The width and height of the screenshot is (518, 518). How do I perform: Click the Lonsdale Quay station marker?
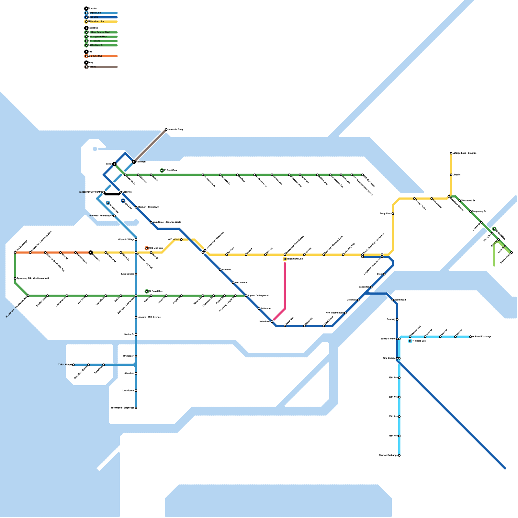coord(166,129)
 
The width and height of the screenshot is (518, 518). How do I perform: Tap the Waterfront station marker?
coord(134,162)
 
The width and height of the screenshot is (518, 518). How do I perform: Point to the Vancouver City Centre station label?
coord(90,192)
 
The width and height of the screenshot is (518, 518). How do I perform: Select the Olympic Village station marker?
coord(136,240)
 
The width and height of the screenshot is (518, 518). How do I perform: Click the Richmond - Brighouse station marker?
coord(136,408)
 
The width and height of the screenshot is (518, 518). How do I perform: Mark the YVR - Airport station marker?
coord(73,365)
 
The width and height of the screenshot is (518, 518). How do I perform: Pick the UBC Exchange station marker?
coord(15,253)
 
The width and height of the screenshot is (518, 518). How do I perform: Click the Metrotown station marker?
coord(272,321)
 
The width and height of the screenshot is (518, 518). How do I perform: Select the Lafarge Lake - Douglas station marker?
coord(451,153)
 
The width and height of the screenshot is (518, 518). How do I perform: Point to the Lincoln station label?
coord(456,175)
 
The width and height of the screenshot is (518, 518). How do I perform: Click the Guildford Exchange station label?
coord(482,337)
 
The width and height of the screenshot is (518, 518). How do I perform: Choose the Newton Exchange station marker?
coord(399,456)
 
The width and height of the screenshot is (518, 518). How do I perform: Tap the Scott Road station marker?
coord(393,300)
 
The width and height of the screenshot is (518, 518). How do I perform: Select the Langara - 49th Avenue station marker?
coord(136,317)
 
